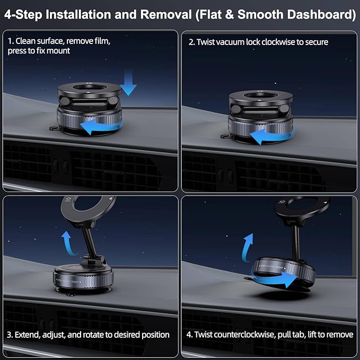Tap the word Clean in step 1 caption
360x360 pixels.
28,41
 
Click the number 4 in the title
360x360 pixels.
8,14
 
